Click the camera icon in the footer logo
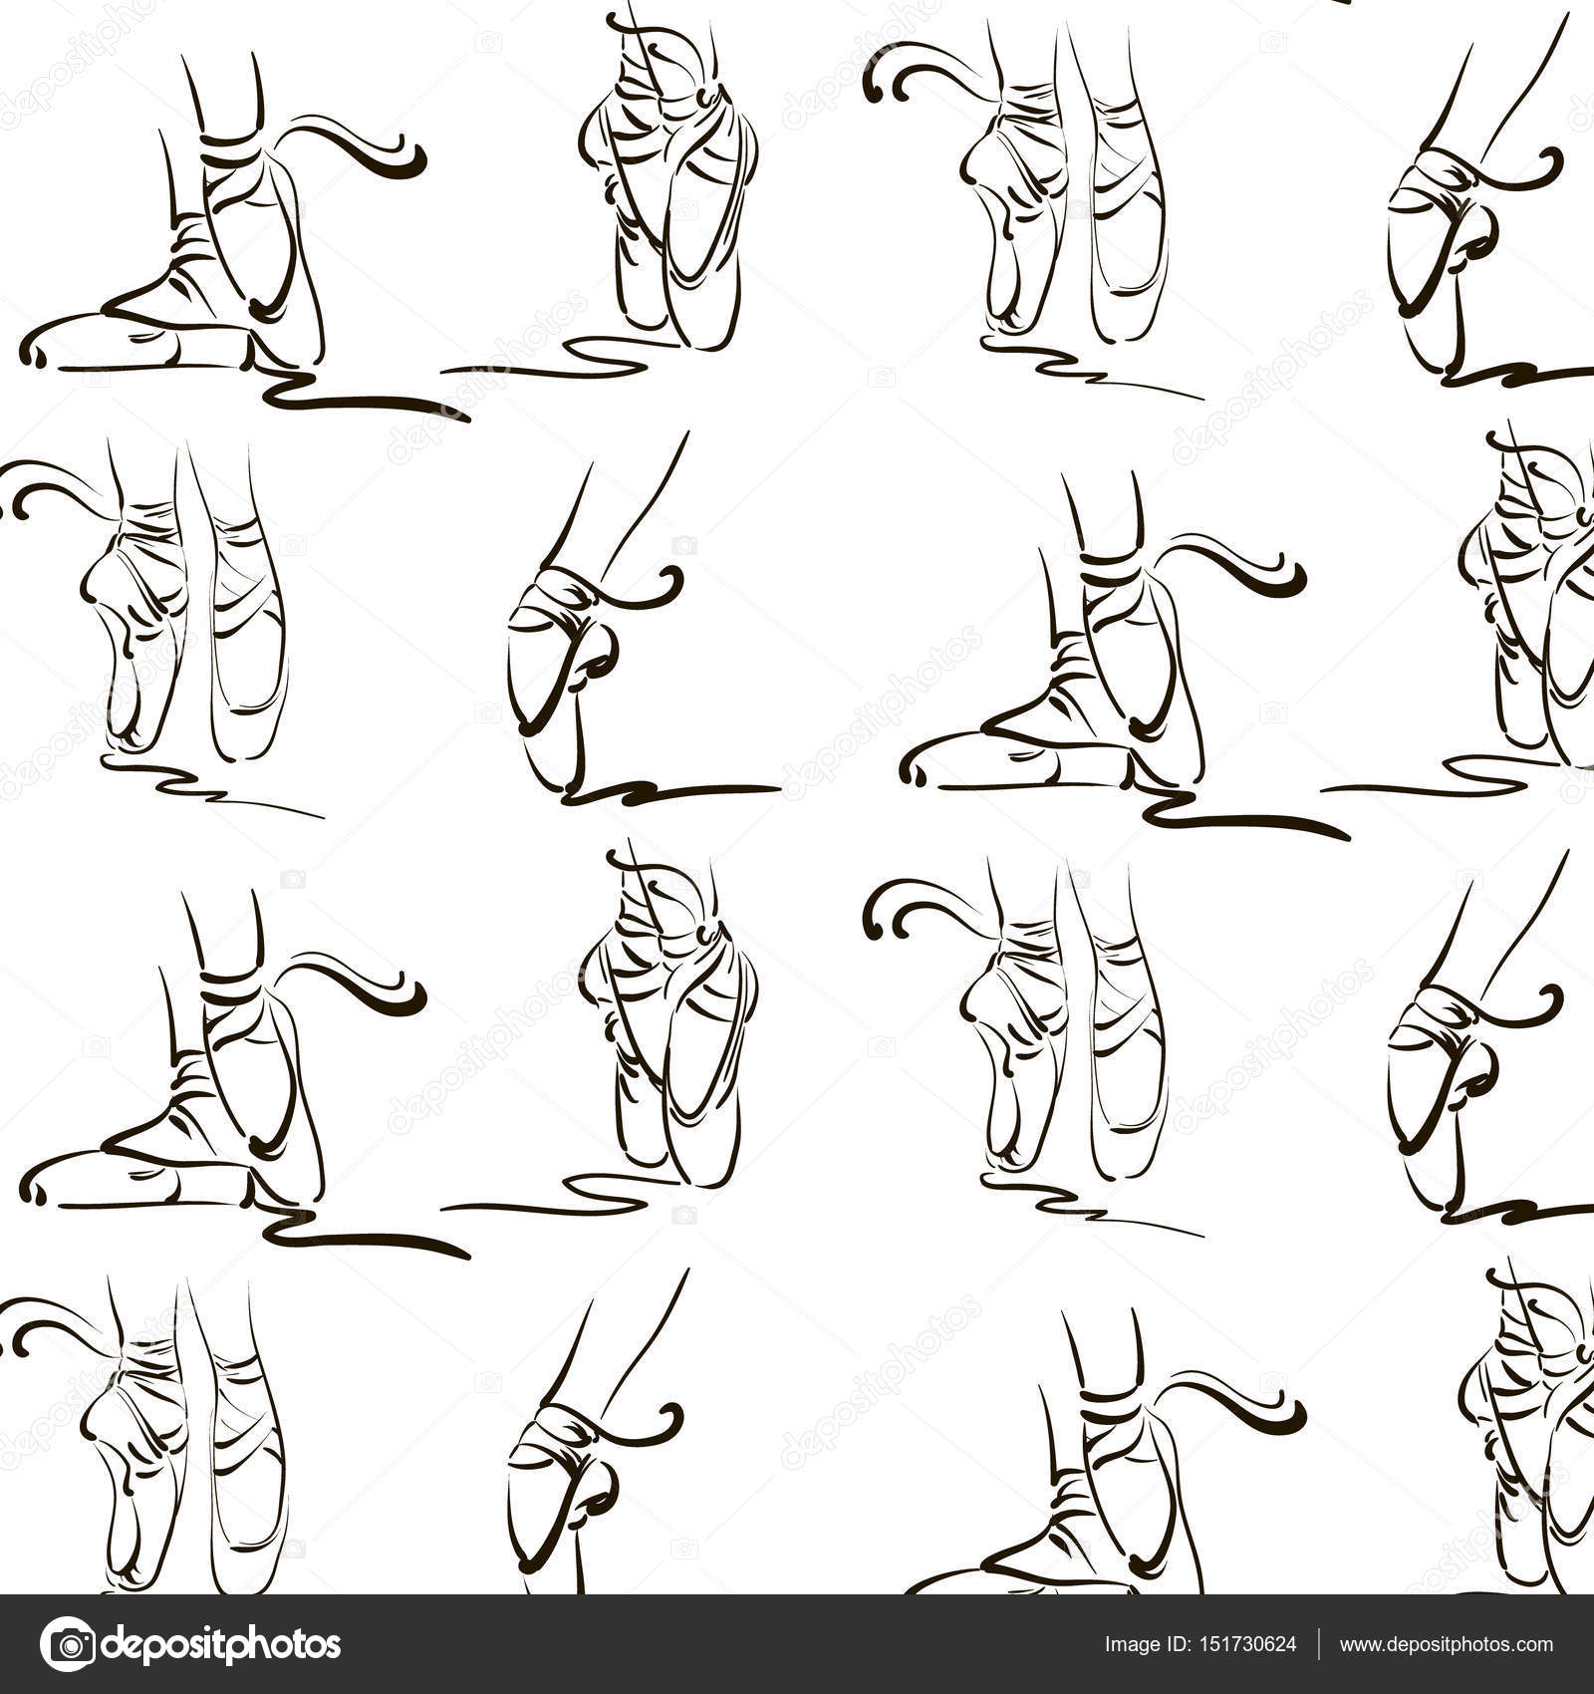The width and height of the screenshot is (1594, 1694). click(68, 1645)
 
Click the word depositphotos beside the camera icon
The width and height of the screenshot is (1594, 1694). click(221, 1646)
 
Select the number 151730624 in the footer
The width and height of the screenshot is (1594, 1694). click(1246, 1646)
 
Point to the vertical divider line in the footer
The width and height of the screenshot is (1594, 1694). click(1320, 1646)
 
